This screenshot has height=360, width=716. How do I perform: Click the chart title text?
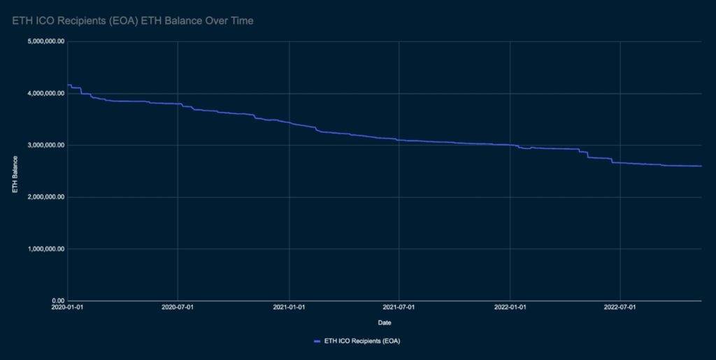coord(133,22)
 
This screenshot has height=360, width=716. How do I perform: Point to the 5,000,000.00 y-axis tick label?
coord(45,41)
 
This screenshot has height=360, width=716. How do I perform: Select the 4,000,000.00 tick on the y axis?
coord(45,93)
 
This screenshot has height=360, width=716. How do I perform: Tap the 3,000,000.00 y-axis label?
coord(45,145)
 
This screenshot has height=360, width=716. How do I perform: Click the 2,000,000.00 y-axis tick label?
coord(45,197)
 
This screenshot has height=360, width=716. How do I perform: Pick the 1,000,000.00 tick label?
coord(45,249)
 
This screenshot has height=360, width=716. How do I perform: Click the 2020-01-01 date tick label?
coord(67,307)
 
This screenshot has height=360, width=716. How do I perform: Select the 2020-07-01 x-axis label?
coord(178,307)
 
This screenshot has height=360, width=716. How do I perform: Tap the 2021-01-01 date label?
coord(289,307)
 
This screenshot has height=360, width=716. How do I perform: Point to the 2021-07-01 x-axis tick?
coord(399,307)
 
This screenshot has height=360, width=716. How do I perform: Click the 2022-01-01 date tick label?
coord(510,307)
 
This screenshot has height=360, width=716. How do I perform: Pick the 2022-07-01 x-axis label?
coord(620,307)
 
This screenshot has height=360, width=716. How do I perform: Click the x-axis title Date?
coord(385,323)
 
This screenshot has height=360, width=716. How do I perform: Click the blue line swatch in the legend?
coord(317,341)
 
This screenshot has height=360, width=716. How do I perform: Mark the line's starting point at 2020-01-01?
coord(68,85)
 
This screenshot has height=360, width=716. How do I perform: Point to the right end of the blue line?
coord(701,166)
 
